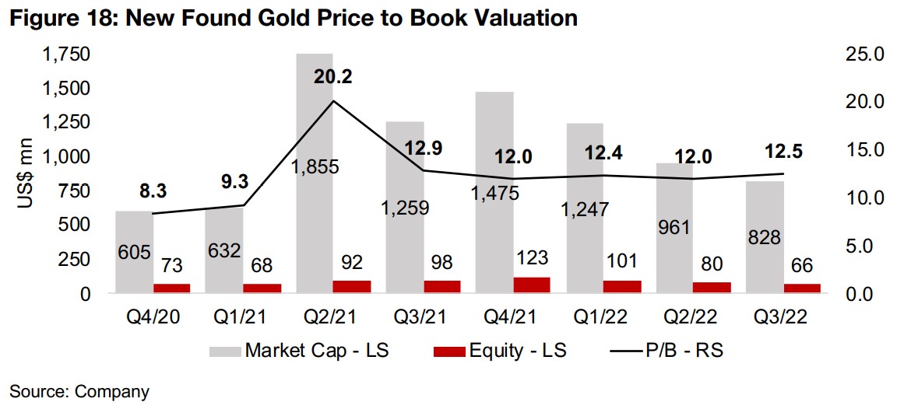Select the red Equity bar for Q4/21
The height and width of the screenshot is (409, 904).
[533, 285]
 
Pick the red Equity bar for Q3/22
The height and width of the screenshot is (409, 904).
[802, 288]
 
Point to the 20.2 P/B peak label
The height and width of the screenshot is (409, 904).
[333, 76]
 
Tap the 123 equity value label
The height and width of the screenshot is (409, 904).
[533, 257]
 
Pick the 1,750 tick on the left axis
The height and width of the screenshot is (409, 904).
[68, 54]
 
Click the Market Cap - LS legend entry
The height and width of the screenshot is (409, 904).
[299, 351]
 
